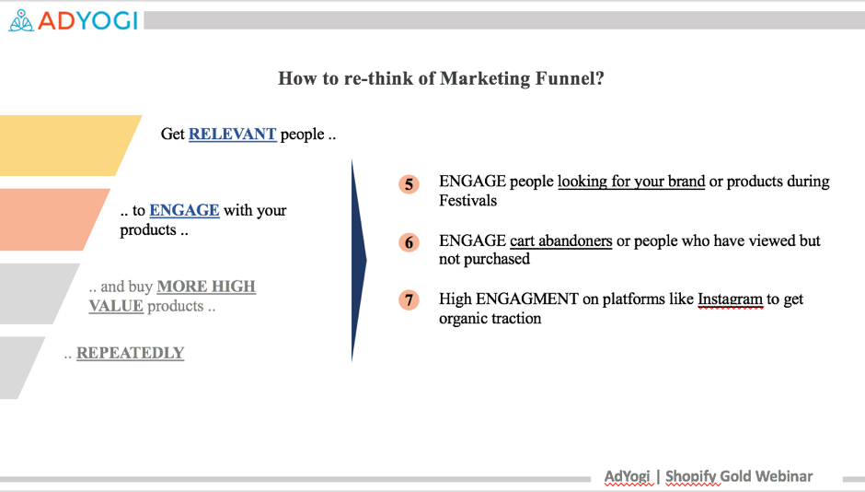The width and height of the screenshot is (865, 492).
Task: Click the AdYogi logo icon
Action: coord(21,20)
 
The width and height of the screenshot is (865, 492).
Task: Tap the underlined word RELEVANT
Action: coord(232,135)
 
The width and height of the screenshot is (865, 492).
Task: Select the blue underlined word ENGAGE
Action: coord(184,210)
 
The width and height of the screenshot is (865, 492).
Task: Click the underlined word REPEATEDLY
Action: coord(130,353)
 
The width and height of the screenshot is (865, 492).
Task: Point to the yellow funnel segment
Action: coord(65,146)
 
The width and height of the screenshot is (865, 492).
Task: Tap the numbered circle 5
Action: coord(409,184)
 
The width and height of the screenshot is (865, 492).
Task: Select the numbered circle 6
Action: coord(409,242)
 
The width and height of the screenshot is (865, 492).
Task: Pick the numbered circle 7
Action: coord(409,299)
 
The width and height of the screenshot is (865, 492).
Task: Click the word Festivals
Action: coord(467,201)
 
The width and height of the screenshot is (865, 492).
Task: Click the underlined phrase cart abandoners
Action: coord(561,240)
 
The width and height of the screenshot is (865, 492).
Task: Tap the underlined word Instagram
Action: coord(731,299)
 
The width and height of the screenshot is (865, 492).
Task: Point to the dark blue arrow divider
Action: coord(359,261)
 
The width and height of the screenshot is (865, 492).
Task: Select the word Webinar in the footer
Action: coord(784,476)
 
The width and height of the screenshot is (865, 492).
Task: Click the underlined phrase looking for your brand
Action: coord(631,182)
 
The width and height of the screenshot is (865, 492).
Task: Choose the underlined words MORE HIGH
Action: coord(206,287)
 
